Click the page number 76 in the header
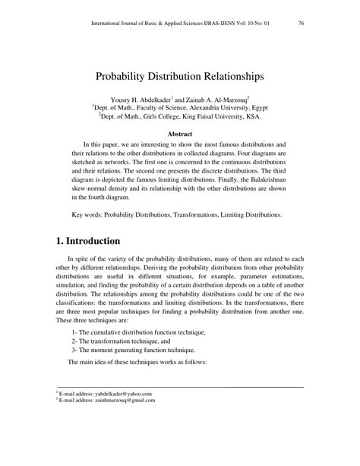(302, 23)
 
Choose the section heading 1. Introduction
(88, 242)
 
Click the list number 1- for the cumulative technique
(74, 332)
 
